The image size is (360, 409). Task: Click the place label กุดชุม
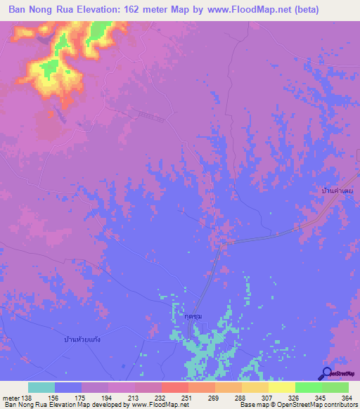click(x=184, y=317)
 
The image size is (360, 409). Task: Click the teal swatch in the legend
click(x=41, y=387)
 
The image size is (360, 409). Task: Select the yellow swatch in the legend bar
click(x=282, y=387)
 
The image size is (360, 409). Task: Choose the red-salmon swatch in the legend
click(x=174, y=387)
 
